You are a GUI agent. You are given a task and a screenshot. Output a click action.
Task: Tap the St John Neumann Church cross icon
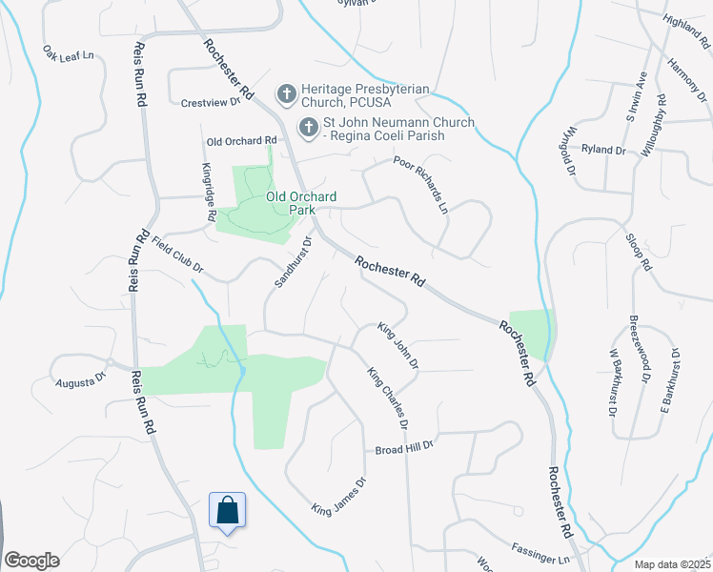point(309,127)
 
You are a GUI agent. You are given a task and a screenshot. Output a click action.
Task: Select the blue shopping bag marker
point(228,511)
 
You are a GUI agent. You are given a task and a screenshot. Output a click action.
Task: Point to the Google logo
point(31,561)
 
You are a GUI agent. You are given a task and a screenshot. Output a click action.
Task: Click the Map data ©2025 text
point(672,564)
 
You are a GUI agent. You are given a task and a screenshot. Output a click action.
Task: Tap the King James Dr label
point(339,497)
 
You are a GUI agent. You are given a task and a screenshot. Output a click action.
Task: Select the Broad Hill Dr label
point(404,447)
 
